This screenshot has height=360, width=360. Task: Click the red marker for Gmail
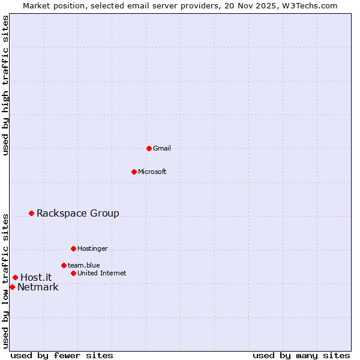click(x=149, y=148)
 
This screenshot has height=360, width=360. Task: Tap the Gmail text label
click(x=162, y=148)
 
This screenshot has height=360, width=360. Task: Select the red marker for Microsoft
click(x=134, y=172)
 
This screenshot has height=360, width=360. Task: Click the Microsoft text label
click(x=152, y=172)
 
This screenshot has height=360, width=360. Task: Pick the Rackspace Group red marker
click(x=31, y=213)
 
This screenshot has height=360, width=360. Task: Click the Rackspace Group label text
click(x=78, y=213)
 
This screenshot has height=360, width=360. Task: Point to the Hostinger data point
click(x=73, y=248)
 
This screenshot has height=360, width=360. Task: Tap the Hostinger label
click(x=92, y=248)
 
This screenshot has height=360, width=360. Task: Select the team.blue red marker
click(x=64, y=265)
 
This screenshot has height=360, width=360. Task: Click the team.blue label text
click(x=83, y=265)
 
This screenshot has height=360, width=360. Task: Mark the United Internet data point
click(x=73, y=273)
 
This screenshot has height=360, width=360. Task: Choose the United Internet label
click(x=102, y=273)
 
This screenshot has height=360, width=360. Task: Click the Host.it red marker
click(x=15, y=277)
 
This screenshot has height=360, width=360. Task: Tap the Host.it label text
click(x=36, y=277)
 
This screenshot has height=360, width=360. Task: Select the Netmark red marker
click(x=12, y=287)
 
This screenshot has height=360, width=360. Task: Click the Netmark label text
click(x=38, y=287)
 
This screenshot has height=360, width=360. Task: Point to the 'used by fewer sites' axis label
click(x=62, y=355)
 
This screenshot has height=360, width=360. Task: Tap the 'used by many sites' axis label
click(x=301, y=355)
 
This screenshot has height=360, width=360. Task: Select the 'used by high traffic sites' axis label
click(x=5, y=85)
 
